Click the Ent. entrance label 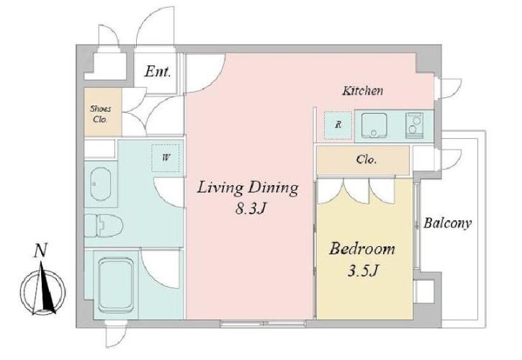click(158, 71)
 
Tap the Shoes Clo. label click(101, 114)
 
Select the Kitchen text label click(363, 91)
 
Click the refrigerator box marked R click(338, 125)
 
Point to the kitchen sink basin click(374, 125)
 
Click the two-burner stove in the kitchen click(414, 125)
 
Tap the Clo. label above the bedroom click(366, 160)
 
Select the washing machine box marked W click(166, 158)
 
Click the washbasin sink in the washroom click(100, 184)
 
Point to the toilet click(104, 225)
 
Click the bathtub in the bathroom click(116, 285)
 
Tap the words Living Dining click(248, 188)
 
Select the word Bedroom click(362, 249)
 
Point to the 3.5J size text click(363, 271)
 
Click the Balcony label click(447, 223)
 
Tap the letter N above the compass click(40, 251)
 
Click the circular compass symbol click(42, 292)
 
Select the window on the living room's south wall click(263, 323)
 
